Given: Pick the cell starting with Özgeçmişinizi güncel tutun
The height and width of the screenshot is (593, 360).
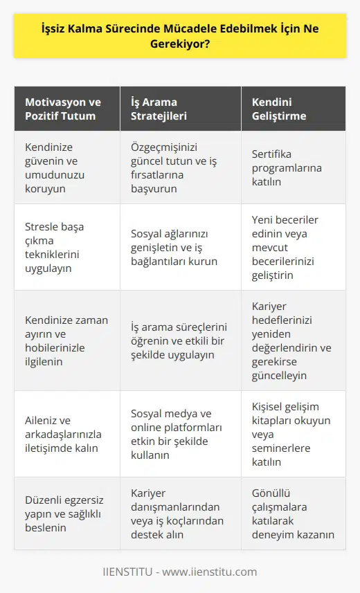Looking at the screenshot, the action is coord(175,167).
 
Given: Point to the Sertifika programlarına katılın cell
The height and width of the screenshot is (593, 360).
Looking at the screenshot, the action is coord(291,167).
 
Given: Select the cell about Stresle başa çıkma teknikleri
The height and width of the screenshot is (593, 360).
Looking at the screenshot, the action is coord(64,247).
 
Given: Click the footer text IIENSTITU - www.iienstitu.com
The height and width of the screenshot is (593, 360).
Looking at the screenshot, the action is coord(179,572).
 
